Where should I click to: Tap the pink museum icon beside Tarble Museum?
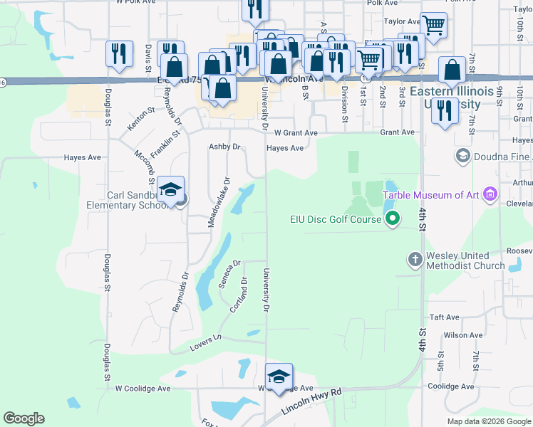[490, 194]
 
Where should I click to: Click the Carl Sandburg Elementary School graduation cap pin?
[171, 191]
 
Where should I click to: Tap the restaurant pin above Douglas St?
[119, 54]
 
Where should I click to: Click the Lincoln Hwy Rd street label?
[311, 401]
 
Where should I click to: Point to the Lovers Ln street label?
[207, 345]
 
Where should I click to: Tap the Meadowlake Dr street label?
[219, 203]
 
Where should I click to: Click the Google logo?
[24, 418]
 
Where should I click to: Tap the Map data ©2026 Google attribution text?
[488, 422]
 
